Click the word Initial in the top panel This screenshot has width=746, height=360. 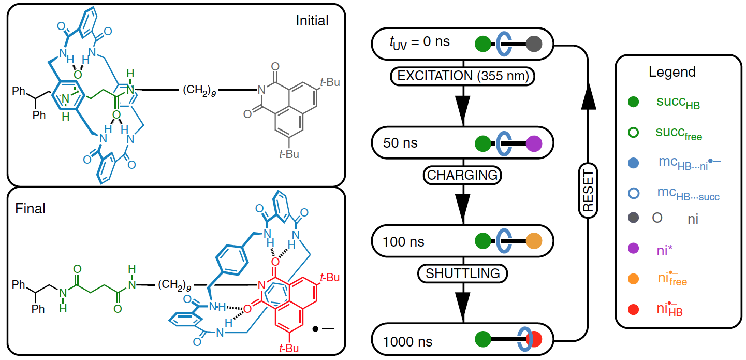pyautogui.click(x=312, y=21)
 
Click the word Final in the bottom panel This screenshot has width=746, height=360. pyautogui.click(x=30, y=209)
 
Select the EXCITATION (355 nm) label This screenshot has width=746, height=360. pyautogui.click(x=462, y=76)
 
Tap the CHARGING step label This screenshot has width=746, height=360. pyautogui.click(x=462, y=175)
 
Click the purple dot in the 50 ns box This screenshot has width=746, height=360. pyautogui.click(x=534, y=142)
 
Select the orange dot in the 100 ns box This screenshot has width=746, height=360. pyautogui.click(x=534, y=241)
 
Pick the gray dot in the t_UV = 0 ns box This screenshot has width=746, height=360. pyautogui.click(x=534, y=44)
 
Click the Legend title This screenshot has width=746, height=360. pyautogui.click(x=672, y=72)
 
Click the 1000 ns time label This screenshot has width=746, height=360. pyautogui.click(x=407, y=342)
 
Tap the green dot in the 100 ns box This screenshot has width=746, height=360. pyautogui.click(x=482, y=241)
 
